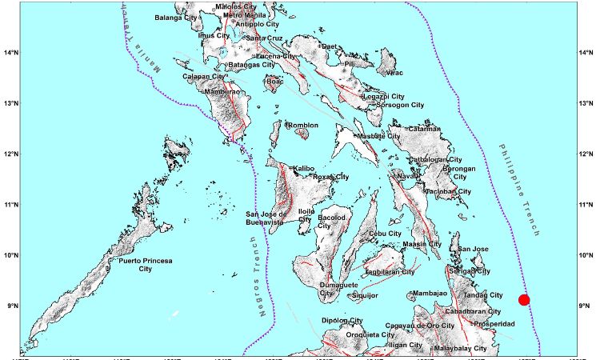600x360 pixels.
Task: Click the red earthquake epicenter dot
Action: (x=524, y=299)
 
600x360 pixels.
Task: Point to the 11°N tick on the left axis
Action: (x=11, y=205)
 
